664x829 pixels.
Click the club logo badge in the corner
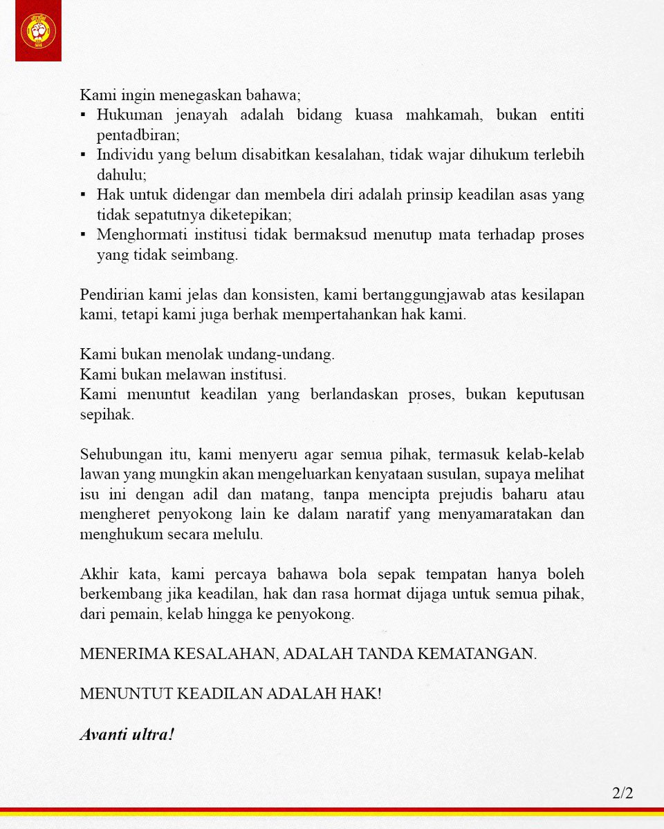tap(38, 31)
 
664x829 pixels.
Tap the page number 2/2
tap(622, 793)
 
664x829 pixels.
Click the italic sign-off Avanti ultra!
tap(127, 734)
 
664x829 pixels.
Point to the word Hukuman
tap(127, 115)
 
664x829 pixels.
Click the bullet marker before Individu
tap(84, 155)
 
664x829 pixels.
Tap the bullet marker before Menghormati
tap(84, 236)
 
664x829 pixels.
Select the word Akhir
tap(98, 575)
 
